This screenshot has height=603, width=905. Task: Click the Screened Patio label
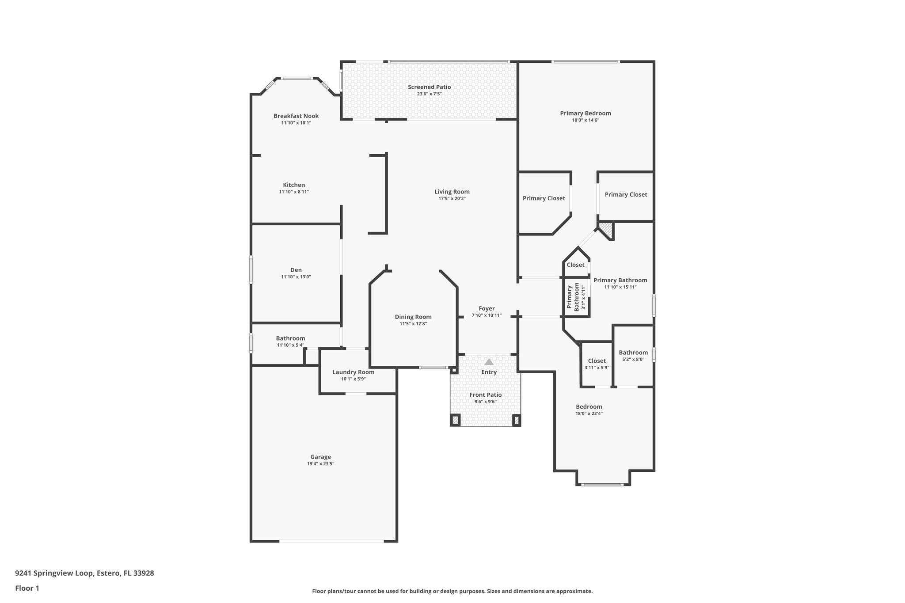tap(429, 87)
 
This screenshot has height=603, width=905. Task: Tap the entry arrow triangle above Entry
tap(489, 361)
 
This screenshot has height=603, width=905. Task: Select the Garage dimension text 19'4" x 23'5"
tap(320, 464)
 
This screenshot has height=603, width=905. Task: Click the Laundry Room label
tap(353, 372)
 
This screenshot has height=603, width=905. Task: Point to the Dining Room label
tap(413, 317)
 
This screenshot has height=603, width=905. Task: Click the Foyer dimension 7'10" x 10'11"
tap(487, 315)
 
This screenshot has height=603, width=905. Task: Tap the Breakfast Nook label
tap(296, 116)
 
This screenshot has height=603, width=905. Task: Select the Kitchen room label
tap(294, 185)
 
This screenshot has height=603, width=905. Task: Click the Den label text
tap(296, 270)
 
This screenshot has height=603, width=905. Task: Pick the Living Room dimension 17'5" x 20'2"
tap(452, 199)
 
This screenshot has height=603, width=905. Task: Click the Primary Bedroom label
tap(586, 113)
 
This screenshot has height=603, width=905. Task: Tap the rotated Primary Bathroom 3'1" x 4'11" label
tap(576, 297)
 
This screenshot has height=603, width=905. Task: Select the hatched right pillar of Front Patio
tap(516, 420)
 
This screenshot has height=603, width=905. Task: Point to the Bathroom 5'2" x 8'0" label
tap(633, 356)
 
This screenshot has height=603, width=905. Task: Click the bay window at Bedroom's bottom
tap(602, 485)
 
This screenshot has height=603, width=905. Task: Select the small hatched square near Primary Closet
tap(607, 229)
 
